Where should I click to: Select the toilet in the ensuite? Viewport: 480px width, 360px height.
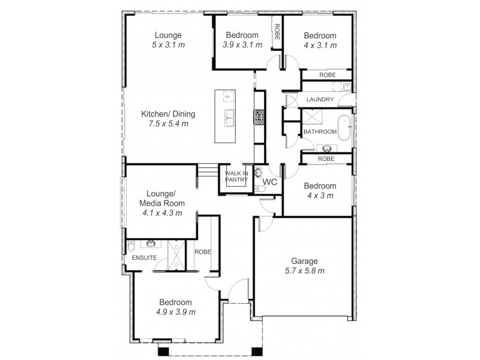[131, 247]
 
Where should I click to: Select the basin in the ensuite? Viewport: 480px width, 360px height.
[149, 243]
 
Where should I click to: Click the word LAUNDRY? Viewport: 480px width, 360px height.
[319, 99]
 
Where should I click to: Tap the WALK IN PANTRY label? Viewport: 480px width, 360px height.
[236, 176]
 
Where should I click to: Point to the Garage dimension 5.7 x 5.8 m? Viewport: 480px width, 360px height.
[304, 271]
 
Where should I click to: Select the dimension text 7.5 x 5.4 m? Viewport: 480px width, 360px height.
[168, 124]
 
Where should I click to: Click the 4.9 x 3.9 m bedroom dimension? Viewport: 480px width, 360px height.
[175, 312]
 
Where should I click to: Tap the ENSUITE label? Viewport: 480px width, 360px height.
[144, 257]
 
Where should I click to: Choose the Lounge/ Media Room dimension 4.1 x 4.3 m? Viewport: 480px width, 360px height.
[162, 212]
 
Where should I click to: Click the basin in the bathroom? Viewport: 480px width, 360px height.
[328, 148]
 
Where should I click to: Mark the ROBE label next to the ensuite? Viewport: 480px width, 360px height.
[202, 252]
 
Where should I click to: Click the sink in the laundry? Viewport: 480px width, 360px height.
[346, 88]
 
